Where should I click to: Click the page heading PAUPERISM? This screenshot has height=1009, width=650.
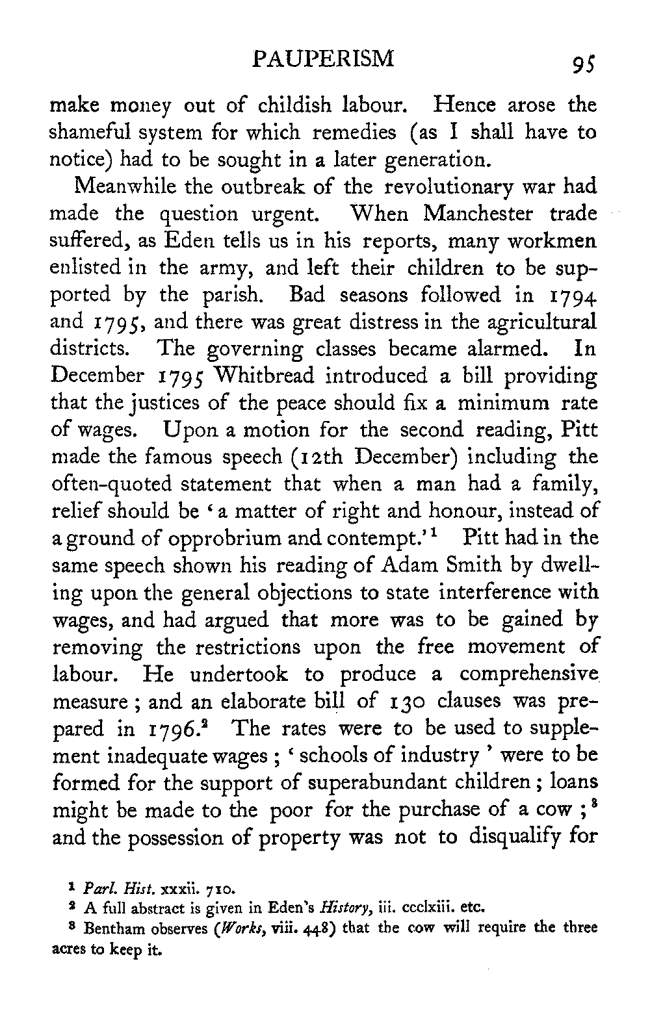click(x=324, y=60)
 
